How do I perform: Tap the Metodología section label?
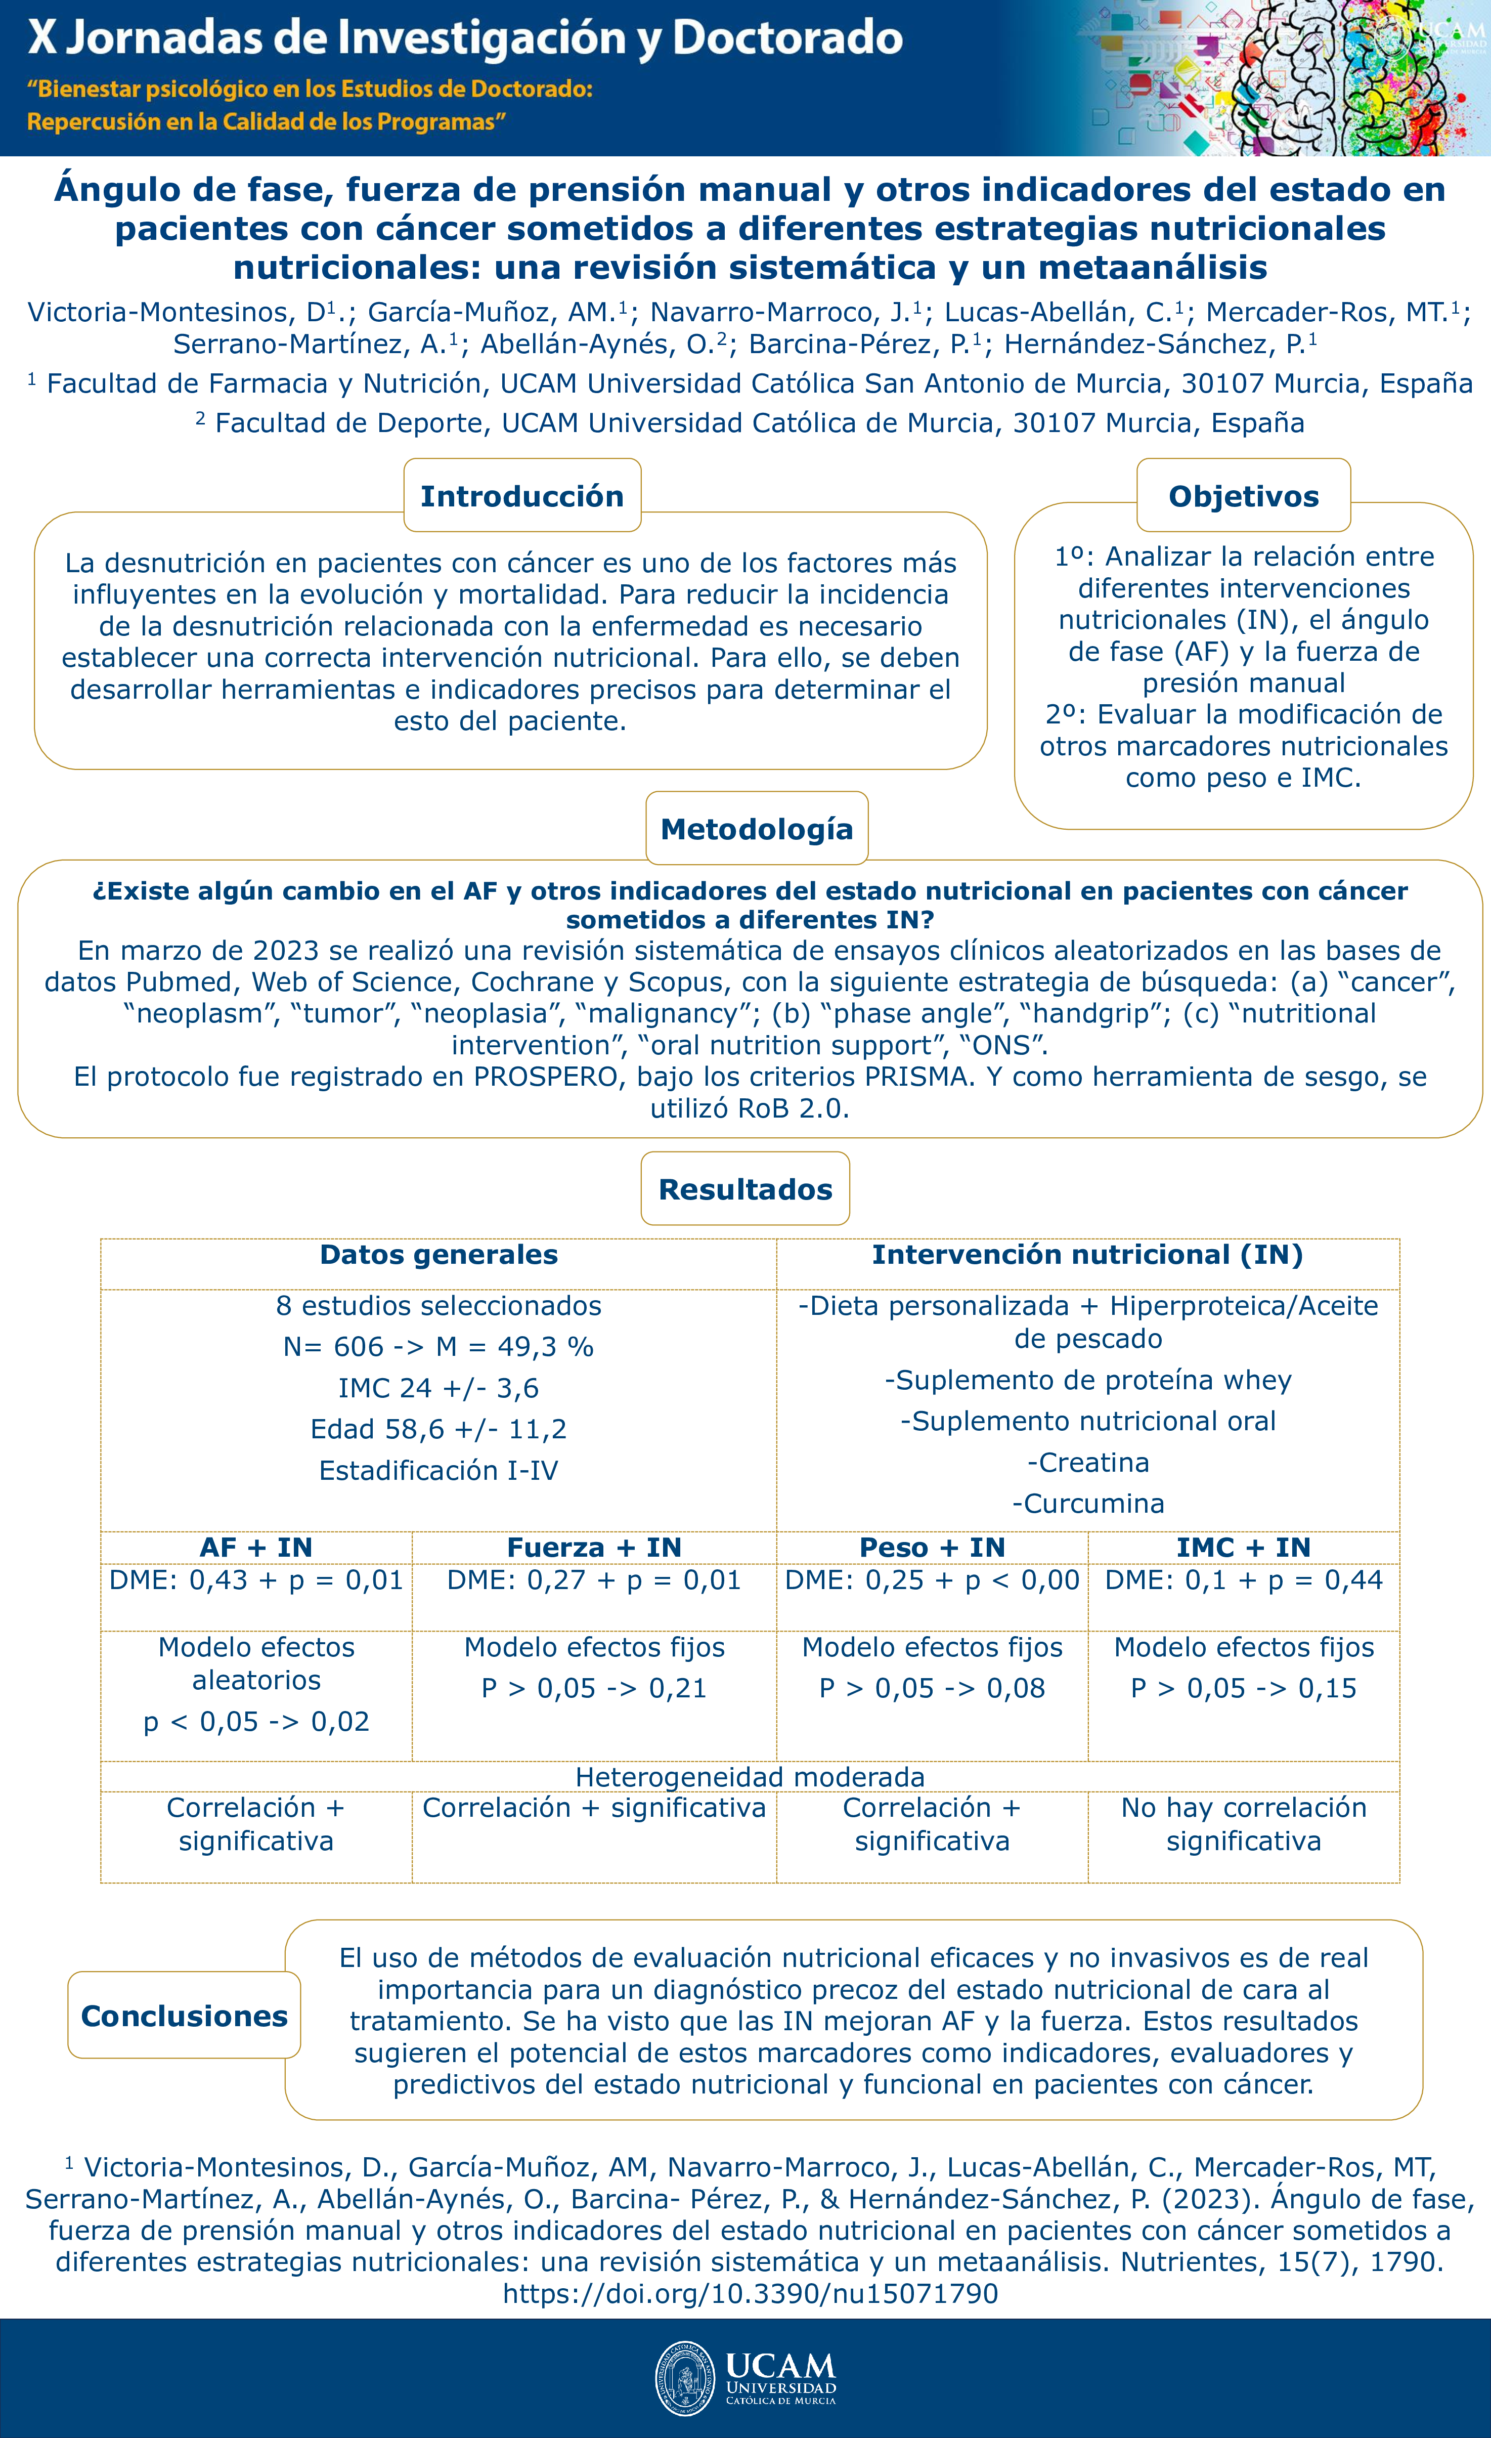tap(756, 828)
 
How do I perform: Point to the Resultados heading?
tap(745, 1188)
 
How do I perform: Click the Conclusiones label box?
tap(184, 2016)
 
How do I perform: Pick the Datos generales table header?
tap(438, 1255)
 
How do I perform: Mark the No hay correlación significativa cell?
tap(1244, 1823)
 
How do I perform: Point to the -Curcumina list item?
tap(1087, 1503)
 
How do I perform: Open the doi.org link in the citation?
tap(750, 2293)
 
